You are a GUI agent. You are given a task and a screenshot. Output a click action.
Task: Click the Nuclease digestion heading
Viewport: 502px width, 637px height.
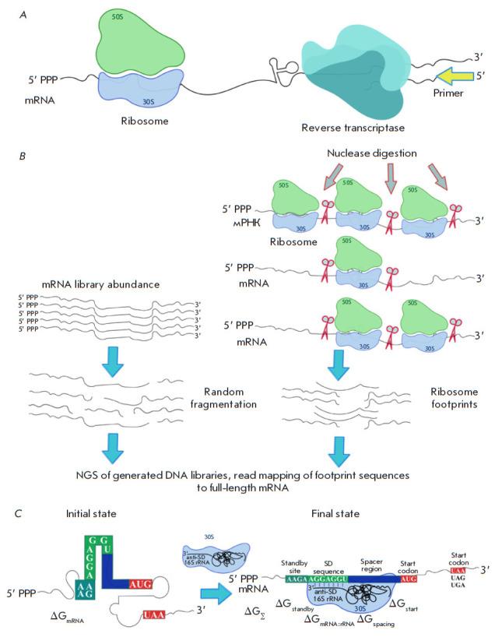[373, 156]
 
